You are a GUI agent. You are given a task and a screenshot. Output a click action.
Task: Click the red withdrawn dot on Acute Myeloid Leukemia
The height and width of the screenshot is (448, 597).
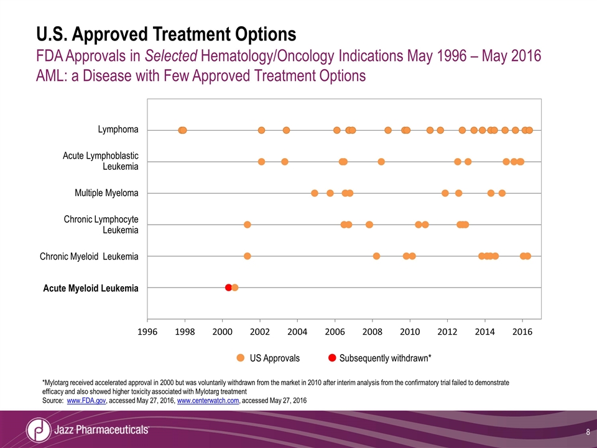tap(228, 287)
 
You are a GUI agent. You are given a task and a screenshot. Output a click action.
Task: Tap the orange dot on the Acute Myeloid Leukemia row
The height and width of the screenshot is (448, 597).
tap(235, 287)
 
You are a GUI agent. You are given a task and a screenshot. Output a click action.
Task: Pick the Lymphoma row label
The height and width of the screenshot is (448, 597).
tap(118, 129)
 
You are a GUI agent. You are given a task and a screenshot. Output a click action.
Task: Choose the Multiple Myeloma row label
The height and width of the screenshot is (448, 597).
tap(106, 193)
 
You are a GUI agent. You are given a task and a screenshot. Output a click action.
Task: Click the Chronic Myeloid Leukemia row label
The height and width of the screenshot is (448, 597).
tap(89, 256)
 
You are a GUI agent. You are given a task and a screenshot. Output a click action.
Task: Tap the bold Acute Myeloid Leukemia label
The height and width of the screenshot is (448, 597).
tap(91, 288)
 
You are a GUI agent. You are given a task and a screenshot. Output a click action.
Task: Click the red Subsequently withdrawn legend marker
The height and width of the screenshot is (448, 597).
tap(332, 358)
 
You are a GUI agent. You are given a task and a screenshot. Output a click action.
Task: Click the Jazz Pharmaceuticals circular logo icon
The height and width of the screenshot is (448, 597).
tap(39, 430)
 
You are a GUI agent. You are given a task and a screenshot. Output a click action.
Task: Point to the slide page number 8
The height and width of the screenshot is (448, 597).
tap(588, 431)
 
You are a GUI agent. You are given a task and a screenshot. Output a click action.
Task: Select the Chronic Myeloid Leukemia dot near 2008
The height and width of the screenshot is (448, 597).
tap(376, 256)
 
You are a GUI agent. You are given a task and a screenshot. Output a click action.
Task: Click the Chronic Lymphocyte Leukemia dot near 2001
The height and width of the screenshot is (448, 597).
tap(248, 224)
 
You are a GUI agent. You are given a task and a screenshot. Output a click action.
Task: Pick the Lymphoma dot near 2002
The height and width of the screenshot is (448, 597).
tap(261, 130)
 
